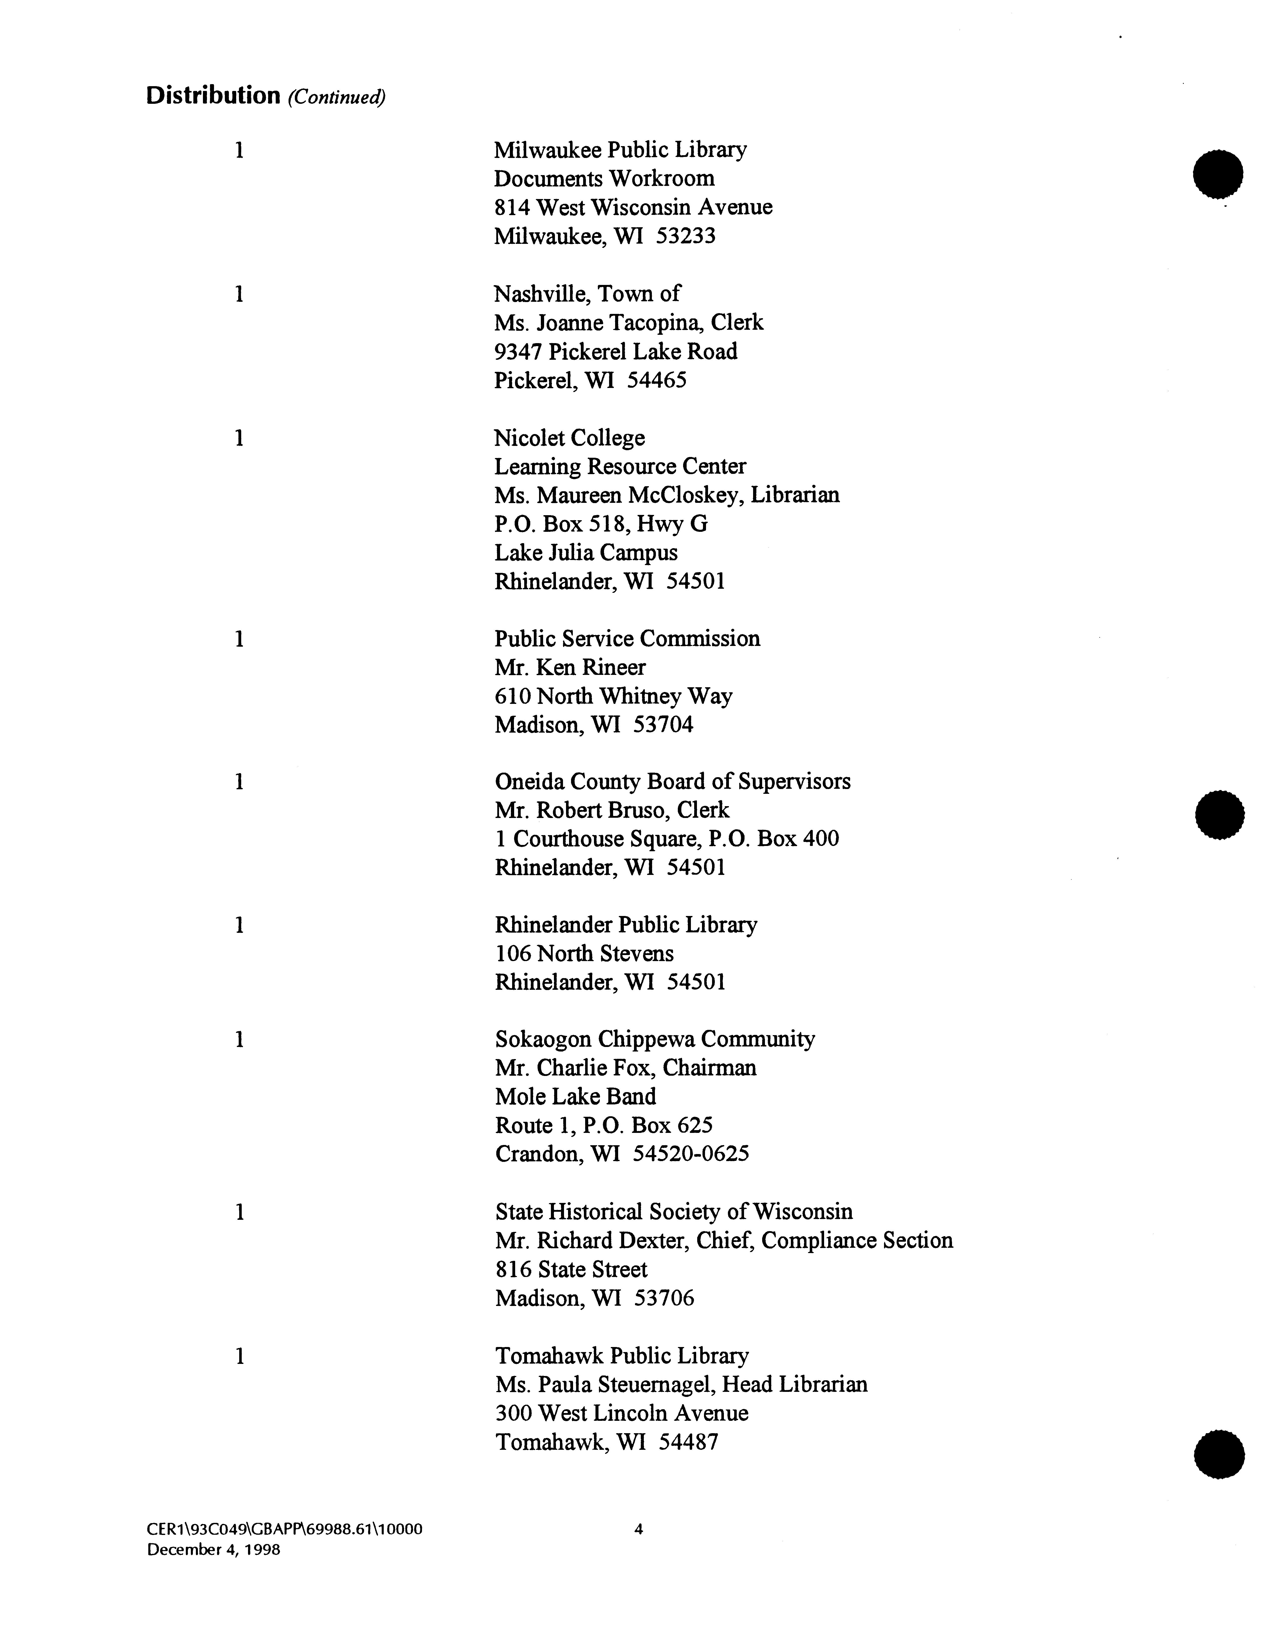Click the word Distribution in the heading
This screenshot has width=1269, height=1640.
(x=212, y=96)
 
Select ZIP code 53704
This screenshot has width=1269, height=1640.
(x=663, y=725)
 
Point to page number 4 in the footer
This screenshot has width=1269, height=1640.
(x=639, y=1530)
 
